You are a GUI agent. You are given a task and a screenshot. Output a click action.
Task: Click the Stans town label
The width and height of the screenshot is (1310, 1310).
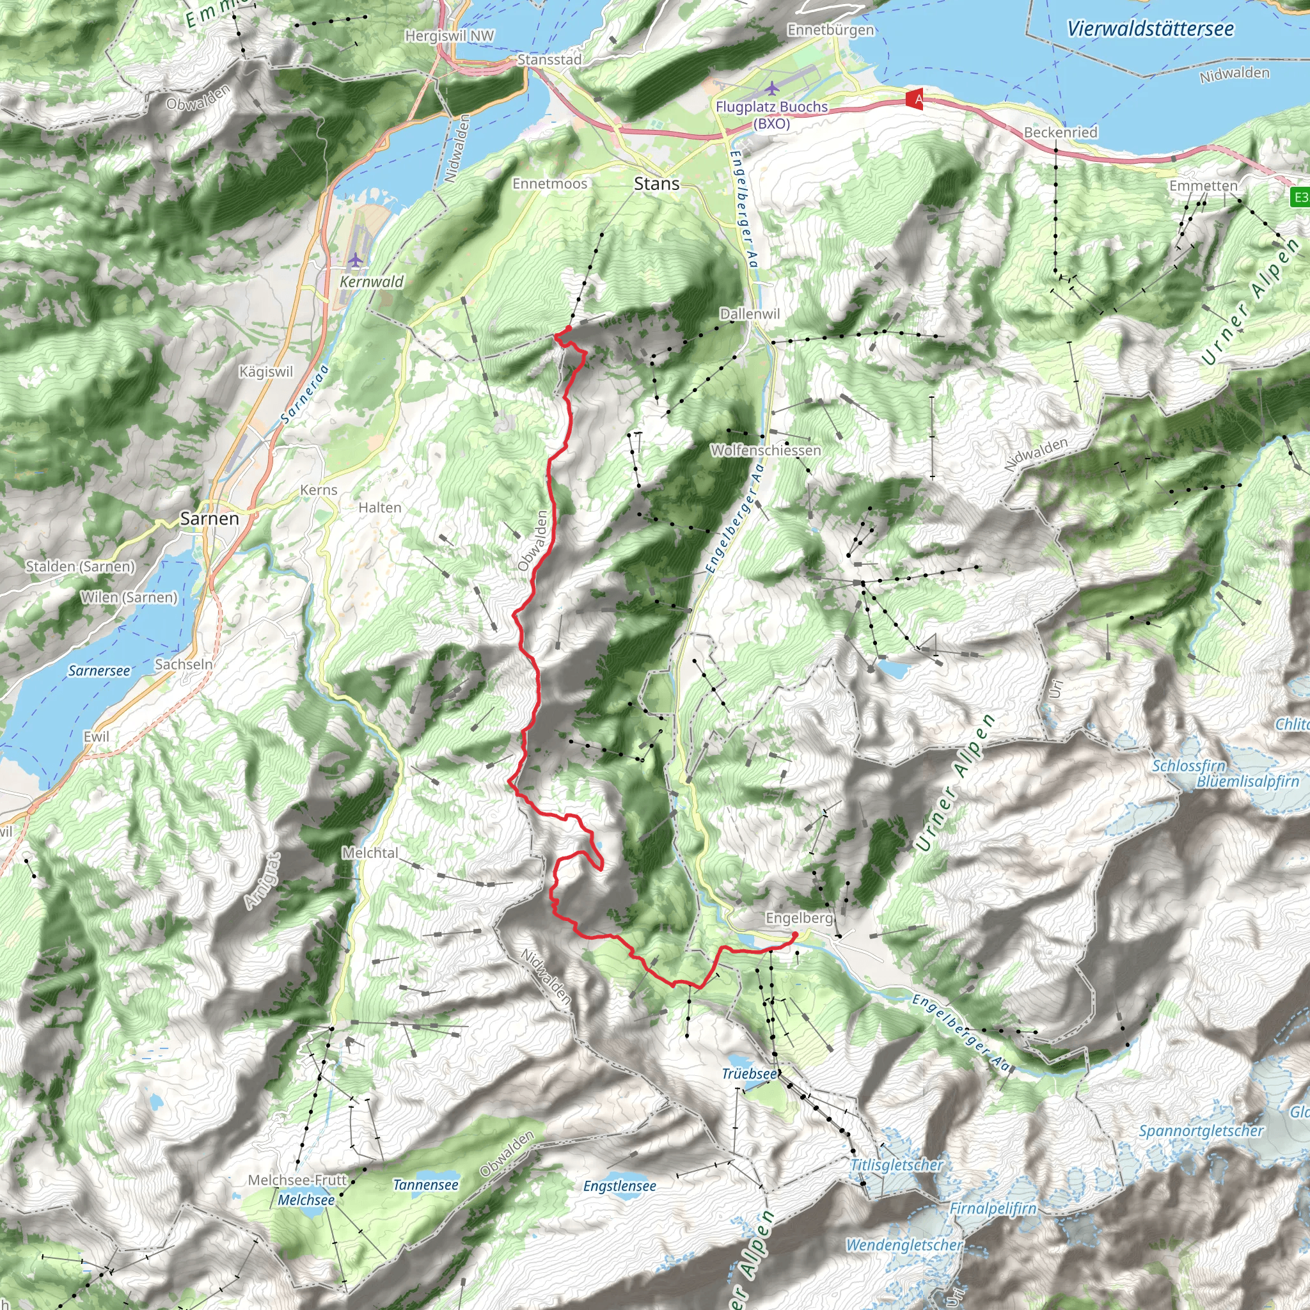pyautogui.click(x=656, y=184)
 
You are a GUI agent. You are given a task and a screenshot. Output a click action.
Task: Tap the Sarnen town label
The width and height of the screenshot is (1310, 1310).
pyautogui.click(x=210, y=519)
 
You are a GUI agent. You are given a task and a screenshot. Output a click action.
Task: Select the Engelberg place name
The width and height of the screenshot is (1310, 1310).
pyautogui.click(x=798, y=917)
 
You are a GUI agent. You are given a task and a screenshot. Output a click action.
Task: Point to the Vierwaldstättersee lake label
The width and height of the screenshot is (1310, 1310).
pyautogui.click(x=1150, y=29)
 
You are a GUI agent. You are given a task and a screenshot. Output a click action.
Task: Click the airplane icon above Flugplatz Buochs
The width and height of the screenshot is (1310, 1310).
pyautogui.click(x=771, y=88)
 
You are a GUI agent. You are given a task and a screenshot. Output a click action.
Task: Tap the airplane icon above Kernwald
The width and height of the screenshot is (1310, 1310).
pyautogui.click(x=355, y=260)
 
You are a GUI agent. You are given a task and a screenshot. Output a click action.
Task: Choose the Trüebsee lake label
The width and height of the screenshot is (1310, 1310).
pyautogui.click(x=748, y=1073)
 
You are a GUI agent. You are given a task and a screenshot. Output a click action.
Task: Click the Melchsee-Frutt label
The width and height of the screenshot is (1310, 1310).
pyautogui.click(x=297, y=1180)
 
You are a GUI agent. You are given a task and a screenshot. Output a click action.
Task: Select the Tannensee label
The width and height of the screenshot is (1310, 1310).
pyautogui.click(x=426, y=1185)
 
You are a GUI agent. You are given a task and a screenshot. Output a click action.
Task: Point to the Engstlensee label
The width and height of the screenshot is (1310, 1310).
pyautogui.click(x=619, y=1186)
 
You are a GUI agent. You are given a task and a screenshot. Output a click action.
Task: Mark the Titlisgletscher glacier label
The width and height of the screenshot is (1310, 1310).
pyautogui.click(x=896, y=1165)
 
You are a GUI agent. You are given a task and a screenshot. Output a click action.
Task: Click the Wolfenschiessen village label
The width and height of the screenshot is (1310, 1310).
pyautogui.click(x=766, y=450)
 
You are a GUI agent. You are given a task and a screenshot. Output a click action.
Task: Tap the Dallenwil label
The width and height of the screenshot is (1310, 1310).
pyautogui.click(x=749, y=314)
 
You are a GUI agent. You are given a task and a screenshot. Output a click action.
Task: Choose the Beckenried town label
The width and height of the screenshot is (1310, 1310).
pyautogui.click(x=1061, y=132)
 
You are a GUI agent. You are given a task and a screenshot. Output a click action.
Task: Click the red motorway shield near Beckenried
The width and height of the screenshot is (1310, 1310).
pyautogui.click(x=915, y=100)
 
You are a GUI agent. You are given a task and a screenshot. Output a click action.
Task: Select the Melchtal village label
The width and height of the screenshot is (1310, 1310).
pyautogui.click(x=370, y=853)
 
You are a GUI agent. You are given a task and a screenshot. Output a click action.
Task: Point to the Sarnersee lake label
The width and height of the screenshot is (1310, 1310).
pyautogui.click(x=99, y=670)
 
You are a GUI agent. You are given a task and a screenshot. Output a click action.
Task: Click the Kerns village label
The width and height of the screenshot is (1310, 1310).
pyautogui.click(x=319, y=490)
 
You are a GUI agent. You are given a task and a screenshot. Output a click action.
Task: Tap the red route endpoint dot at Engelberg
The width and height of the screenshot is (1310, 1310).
pyautogui.click(x=794, y=936)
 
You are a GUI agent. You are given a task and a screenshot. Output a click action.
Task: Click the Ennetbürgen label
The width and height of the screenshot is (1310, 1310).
pyautogui.click(x=831, y=30)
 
